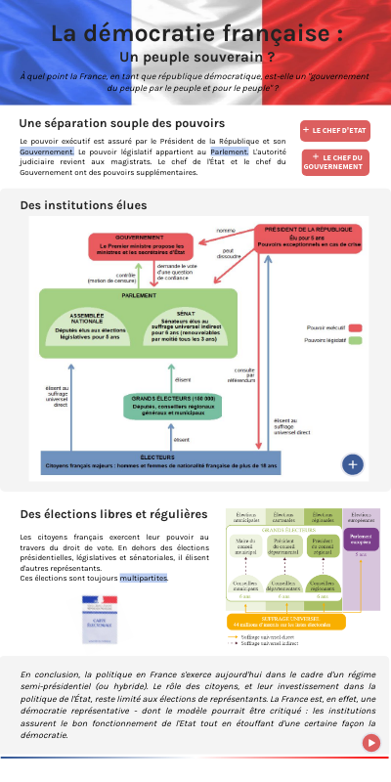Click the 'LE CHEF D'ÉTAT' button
(335, 130)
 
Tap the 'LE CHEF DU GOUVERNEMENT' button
(335, 162)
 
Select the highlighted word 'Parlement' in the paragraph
(229, 152)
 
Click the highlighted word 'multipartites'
(144, 579)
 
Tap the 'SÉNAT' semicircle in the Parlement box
(185, 324)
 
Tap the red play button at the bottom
(371, 742)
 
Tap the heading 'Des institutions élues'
(83, 205)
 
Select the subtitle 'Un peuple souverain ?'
(196, 57)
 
